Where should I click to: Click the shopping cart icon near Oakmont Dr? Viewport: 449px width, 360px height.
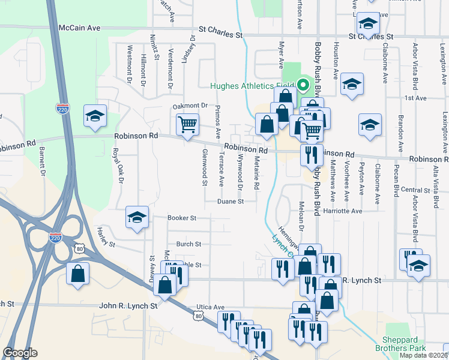point(187,125)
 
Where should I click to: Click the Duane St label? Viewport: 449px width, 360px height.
point(231,202)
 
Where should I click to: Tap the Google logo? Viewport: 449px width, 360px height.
point(20,353)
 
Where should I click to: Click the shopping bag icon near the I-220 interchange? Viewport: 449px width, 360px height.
point(78,274)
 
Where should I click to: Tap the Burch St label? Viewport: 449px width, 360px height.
point(188,244)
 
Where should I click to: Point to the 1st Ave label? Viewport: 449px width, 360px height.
point(415,98)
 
